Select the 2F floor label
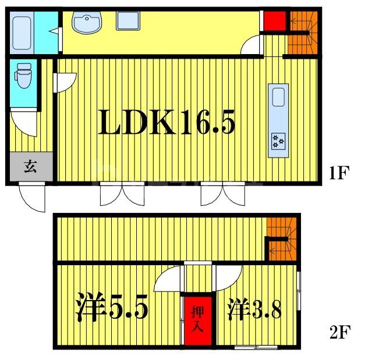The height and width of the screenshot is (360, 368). point(339,333)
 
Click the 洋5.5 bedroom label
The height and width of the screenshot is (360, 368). point(111,309)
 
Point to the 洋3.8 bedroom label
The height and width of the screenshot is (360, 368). point(254,309)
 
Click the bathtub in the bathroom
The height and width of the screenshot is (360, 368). point(22,33)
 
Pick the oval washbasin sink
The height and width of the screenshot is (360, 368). point(87,24)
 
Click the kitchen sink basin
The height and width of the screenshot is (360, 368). point(278,97)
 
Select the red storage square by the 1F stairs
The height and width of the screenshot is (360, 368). point(273,21)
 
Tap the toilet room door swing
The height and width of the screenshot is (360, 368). point(25,122)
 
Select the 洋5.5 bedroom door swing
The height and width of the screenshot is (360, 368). point(169,278)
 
